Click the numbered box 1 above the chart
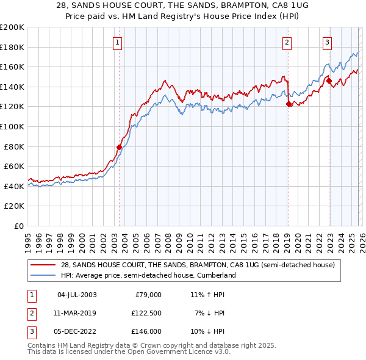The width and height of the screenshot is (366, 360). coord(117,42)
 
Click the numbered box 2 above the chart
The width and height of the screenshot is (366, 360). coord(286,42)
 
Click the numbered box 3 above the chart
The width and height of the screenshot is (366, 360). coord(327,42)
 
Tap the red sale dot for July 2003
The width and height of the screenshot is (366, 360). coord(119,147)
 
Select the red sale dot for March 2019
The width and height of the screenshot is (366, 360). coord(289,104)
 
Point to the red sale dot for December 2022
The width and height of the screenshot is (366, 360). coord(329,81)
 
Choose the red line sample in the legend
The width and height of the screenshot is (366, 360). coord(44,265)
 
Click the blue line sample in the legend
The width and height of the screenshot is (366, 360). coord(44,276)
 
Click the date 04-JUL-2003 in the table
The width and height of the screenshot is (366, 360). coord(77,295)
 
